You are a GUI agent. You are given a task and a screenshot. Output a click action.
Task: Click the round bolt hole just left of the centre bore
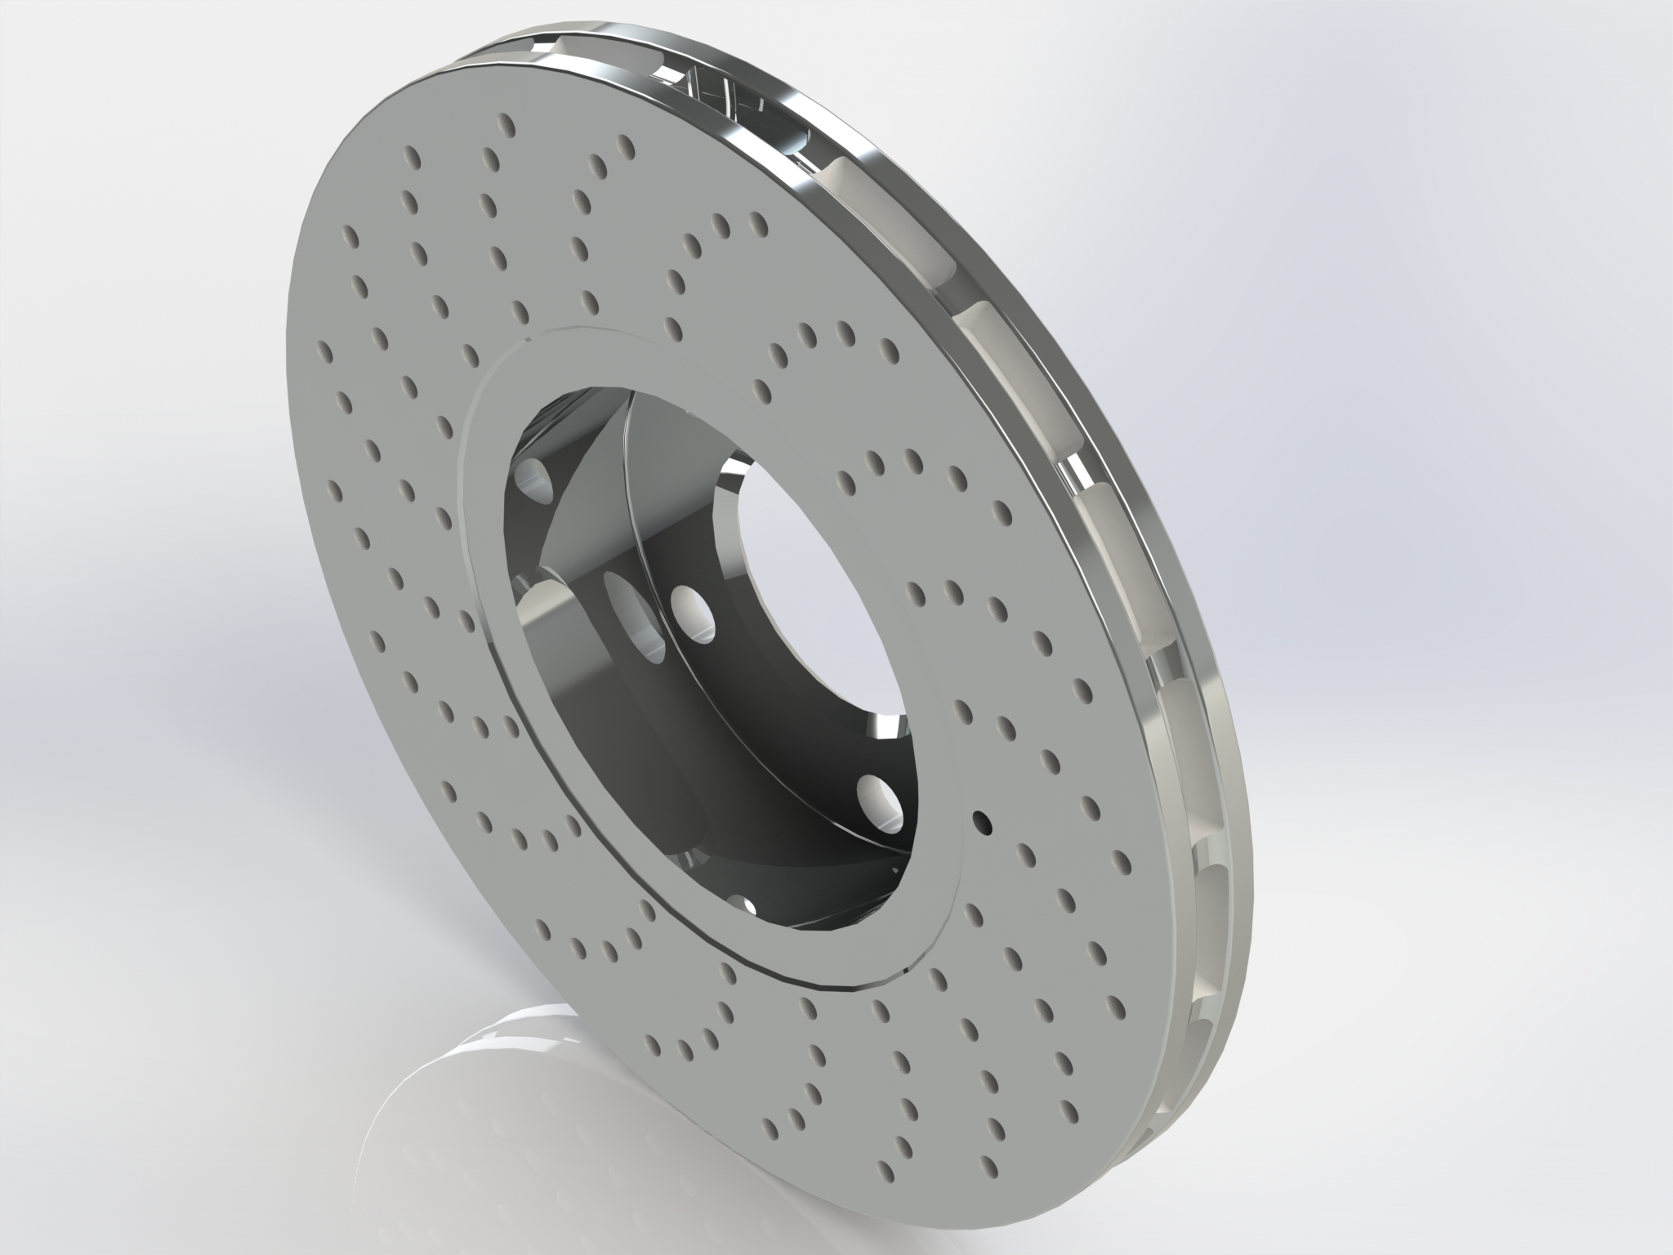point(690,610)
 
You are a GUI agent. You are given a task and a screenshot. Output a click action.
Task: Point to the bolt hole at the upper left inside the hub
point(535,478)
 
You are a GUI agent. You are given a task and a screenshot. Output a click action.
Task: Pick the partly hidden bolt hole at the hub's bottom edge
point(745,904)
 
